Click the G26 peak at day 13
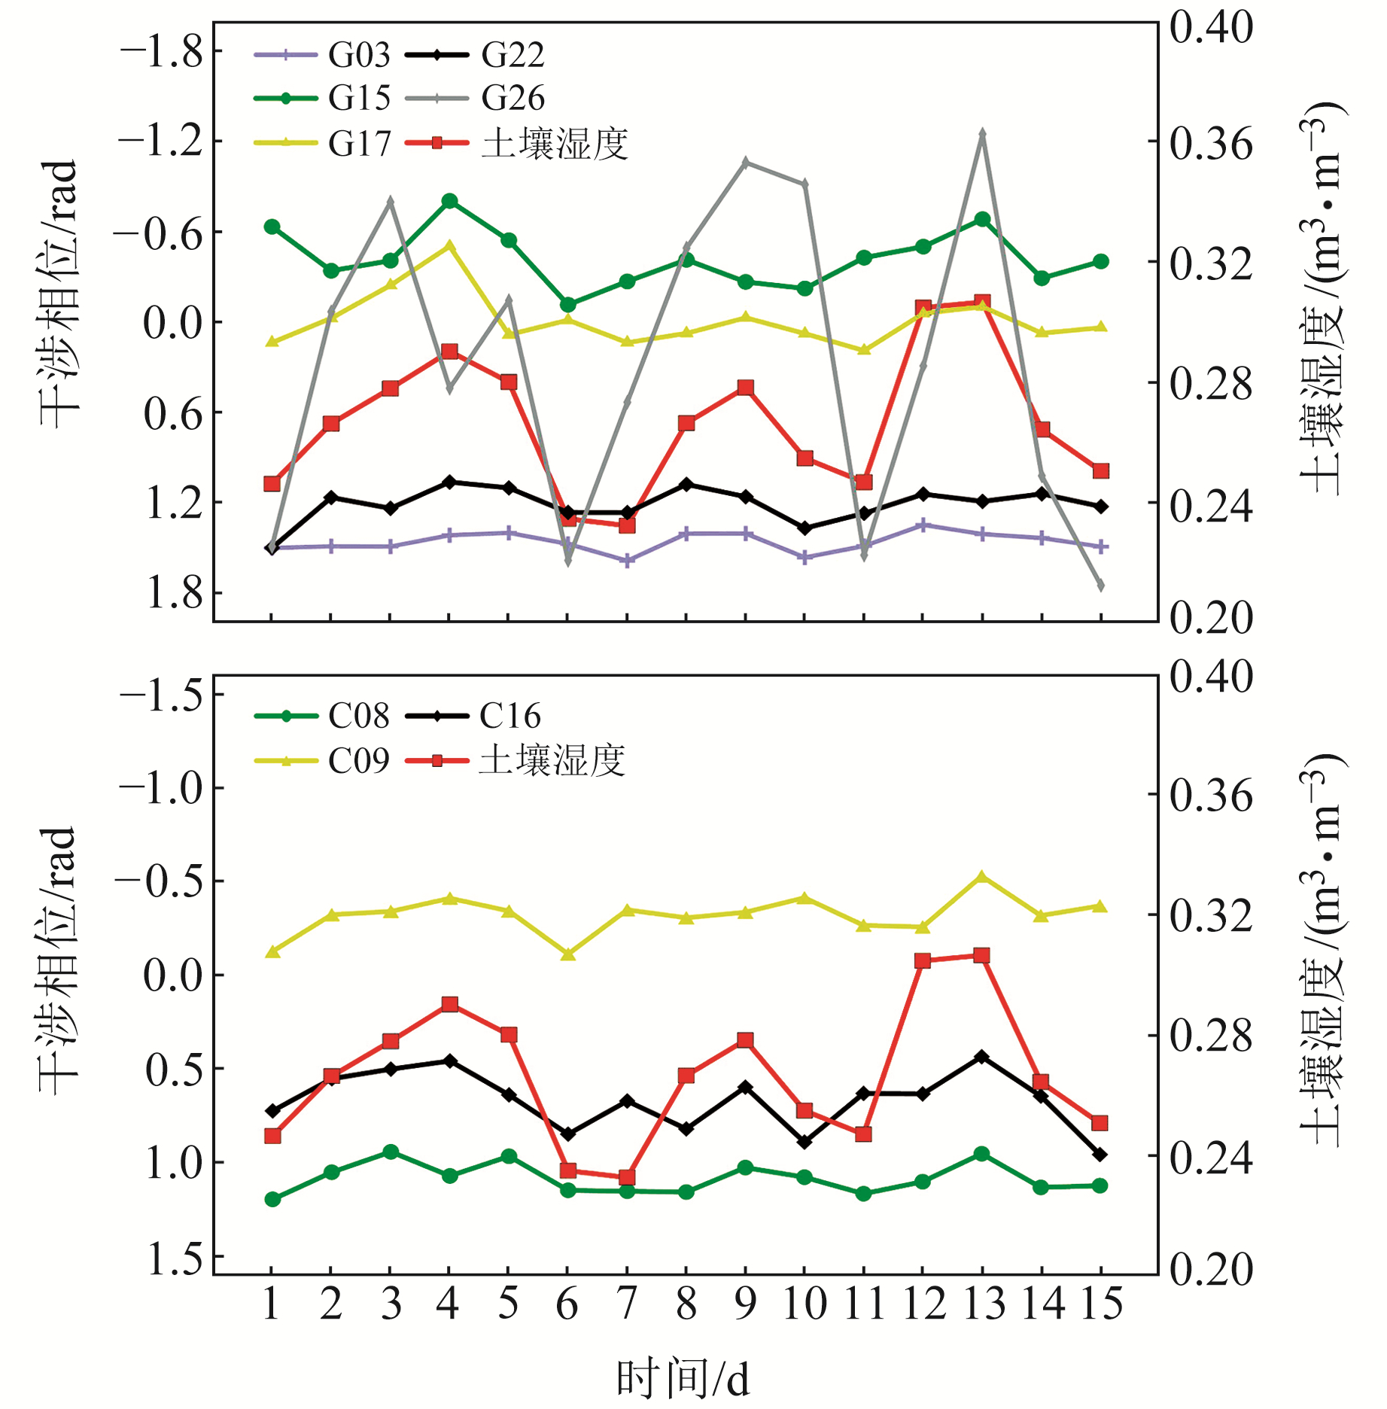[982, 134]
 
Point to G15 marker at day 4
[450, 201]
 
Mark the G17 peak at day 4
[450, 245]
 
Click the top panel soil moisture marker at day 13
[982, 302]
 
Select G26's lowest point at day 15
[1100, 585]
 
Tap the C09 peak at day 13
[981, 877]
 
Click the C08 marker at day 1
[272, 1199]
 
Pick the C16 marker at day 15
[1100, 1154]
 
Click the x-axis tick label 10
[805, 1304]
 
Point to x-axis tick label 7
[626, 1304]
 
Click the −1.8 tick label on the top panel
[161, 52]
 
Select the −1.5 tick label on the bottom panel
[161, 694]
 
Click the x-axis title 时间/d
[683, 1379]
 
